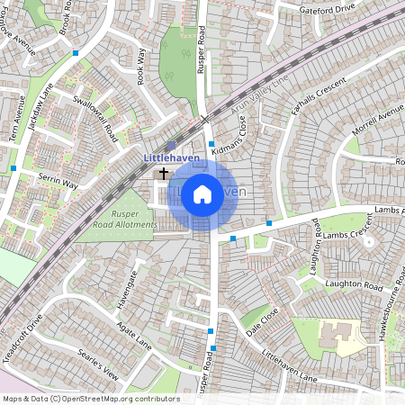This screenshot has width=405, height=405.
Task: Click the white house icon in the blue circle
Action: (x=202, y=193)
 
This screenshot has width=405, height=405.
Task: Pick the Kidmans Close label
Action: (x=228, y=136)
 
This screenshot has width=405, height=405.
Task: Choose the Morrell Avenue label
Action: (x=378, y=119)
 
